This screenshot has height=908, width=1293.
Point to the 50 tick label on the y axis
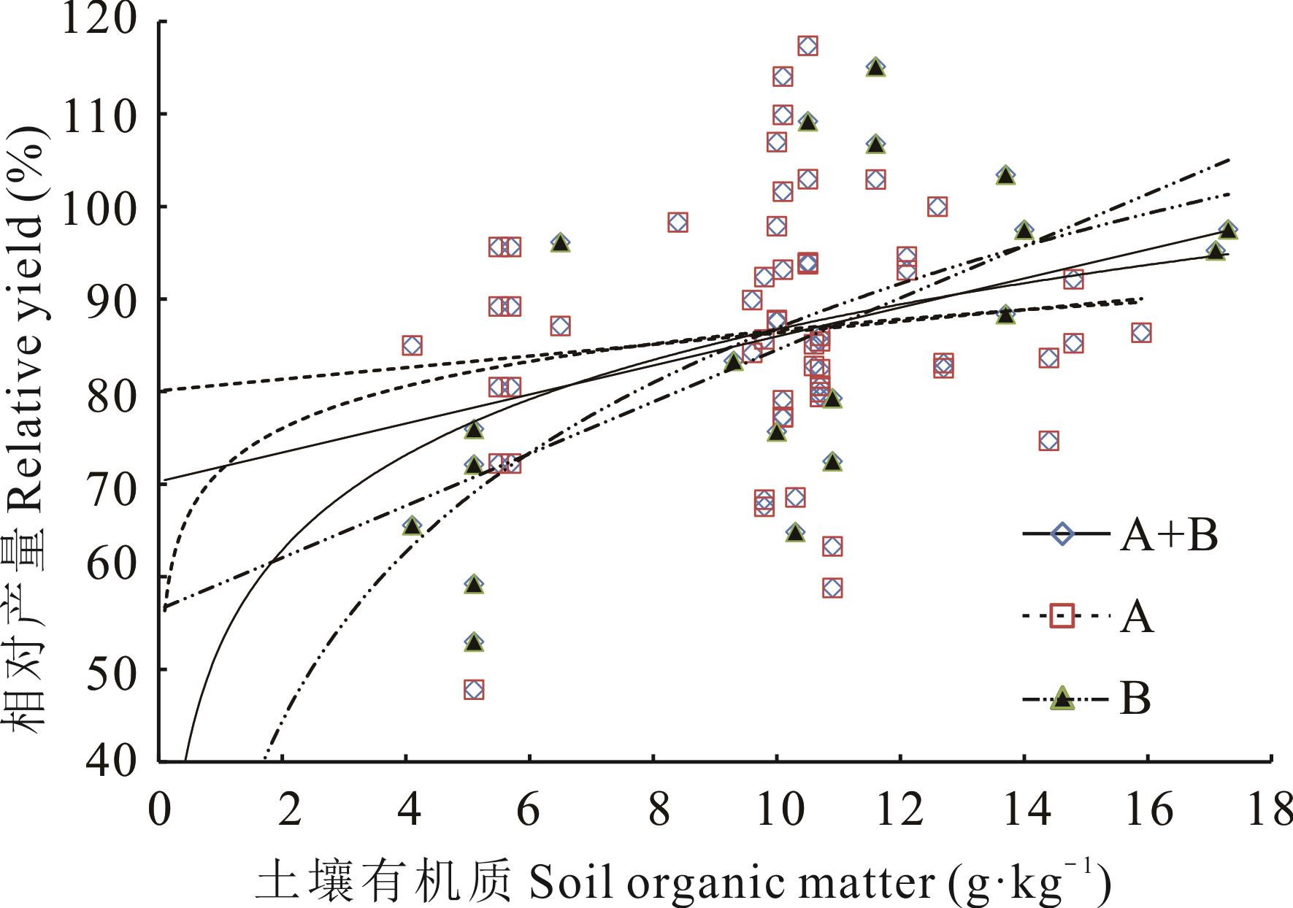click(x=111, y=669)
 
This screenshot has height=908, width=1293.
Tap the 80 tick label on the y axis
click(x=111, y=392)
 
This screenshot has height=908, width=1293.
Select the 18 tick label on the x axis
click(x=1269, y=810)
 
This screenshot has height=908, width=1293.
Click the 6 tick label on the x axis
click(x=529, y=810)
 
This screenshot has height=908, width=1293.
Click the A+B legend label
click(x=1169, y=536)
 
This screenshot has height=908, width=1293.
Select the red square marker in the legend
click(x=1062, y=616)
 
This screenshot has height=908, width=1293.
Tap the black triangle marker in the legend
click(x=1062, y=699)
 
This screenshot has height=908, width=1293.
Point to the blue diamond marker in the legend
click(x=1062, y=534)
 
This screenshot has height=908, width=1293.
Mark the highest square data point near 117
click(x=807, y=46)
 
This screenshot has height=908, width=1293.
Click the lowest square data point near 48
click(x=474, y=690)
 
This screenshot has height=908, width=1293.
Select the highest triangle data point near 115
click(x=875, y=68)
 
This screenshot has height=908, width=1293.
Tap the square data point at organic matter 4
click(x=412, y=345)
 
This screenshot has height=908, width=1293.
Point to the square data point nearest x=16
click(x=1141, y=333)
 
